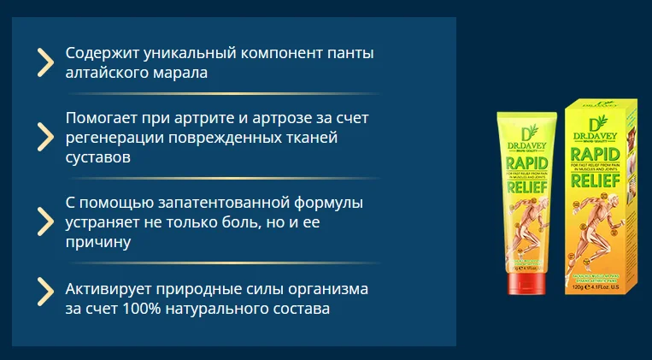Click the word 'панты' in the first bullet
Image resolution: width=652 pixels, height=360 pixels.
pyautogui.click(x=350, y=54)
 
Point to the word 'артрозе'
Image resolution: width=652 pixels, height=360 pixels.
pyautogui.click(x=304, y=117)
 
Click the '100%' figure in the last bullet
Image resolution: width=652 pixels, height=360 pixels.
pyautogui.click(x=146, y=309)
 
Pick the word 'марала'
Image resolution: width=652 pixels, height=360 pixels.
pyautogui.click(x=180, y=74)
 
